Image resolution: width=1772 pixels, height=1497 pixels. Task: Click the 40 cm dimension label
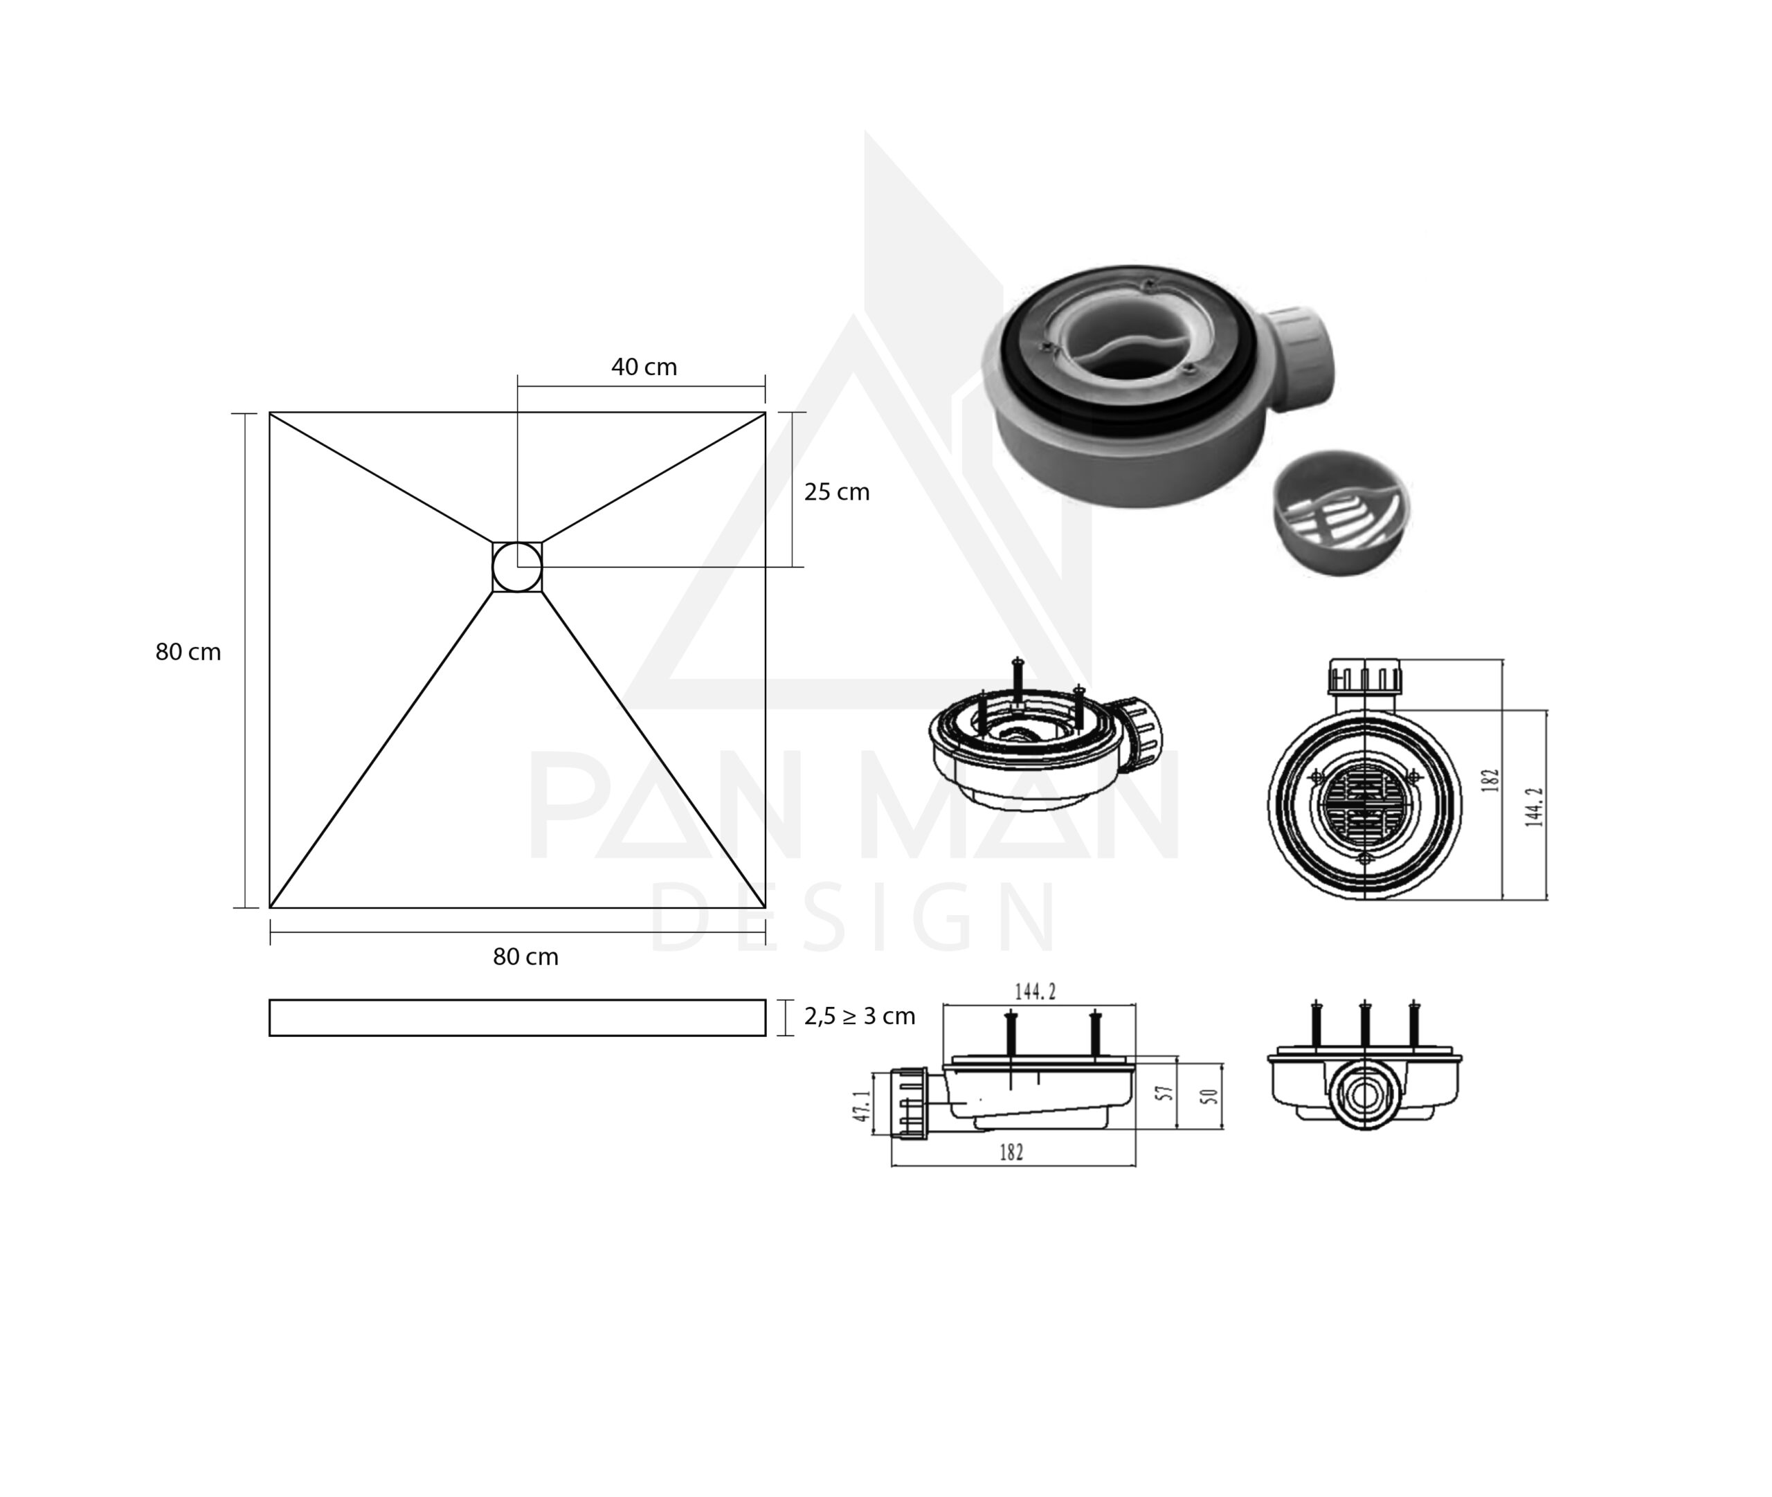tap(644, 368)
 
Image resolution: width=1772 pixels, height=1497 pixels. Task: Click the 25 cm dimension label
tap(837, 492)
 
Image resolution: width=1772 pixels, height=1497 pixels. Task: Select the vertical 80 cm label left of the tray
tap(188, 652)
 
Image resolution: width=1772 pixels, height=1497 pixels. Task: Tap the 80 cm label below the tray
tap(525, 956)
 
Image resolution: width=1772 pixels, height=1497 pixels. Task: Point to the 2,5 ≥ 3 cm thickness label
tap(860, 1016)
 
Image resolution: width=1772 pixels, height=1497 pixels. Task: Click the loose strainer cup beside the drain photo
tap(1341, 513)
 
